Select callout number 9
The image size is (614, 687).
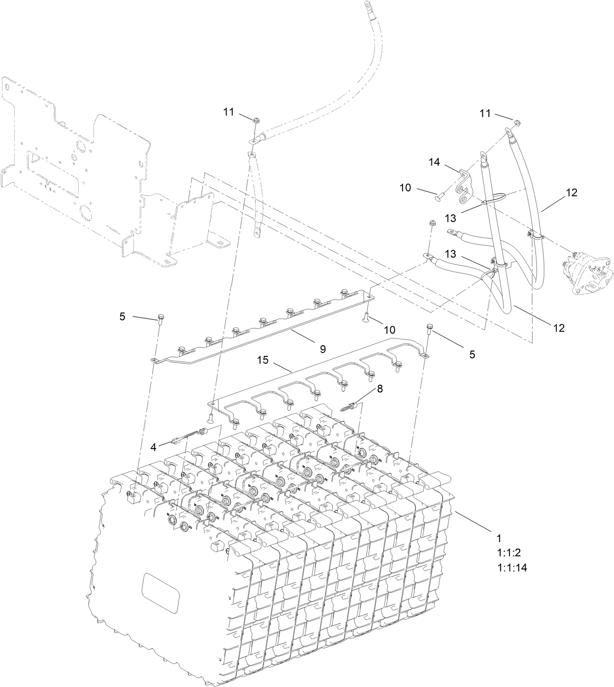tap(323, 349)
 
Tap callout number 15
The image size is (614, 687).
tap(263, 360)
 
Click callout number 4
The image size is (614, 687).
tap(153, 446)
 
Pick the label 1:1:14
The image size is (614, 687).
tap(512, 568)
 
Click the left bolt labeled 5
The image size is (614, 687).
tap(161, 320)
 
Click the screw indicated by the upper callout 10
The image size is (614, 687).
tap(438, 197)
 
